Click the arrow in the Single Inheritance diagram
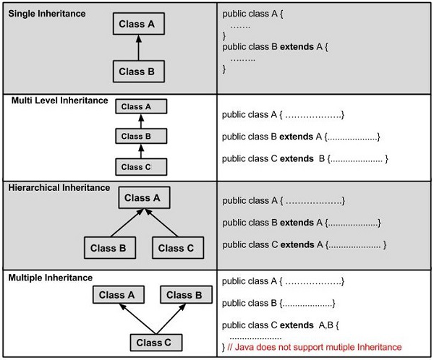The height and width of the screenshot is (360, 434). click(x=140, y=48)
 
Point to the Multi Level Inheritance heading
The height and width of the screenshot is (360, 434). click(x=59, y=100)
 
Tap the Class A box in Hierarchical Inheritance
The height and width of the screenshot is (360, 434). click(x=142, y=198)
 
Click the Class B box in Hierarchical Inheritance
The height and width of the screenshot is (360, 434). click(x=109, y=248)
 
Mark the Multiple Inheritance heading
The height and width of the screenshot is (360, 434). click(x=51, y=277)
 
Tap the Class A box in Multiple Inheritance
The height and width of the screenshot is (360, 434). click(x=116, y=295)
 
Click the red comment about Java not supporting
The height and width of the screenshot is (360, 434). click(x=314, y=348)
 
